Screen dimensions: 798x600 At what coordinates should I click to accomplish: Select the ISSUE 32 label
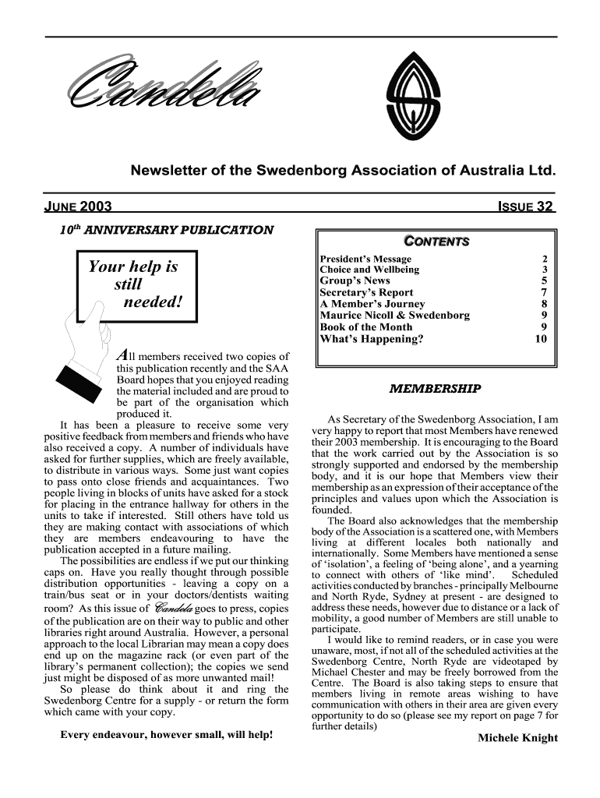click(525, 207)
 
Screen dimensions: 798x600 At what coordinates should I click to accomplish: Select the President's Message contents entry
click(365, 259)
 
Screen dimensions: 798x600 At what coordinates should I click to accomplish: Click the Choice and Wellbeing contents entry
click(369, 270)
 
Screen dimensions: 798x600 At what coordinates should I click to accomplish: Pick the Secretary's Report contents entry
click(366, 293)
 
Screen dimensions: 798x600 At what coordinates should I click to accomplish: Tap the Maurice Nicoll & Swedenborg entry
click(395, 316)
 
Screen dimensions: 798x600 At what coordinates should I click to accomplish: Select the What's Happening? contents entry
click(372, 339)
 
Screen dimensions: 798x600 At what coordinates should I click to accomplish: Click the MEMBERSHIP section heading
click(435, 388)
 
